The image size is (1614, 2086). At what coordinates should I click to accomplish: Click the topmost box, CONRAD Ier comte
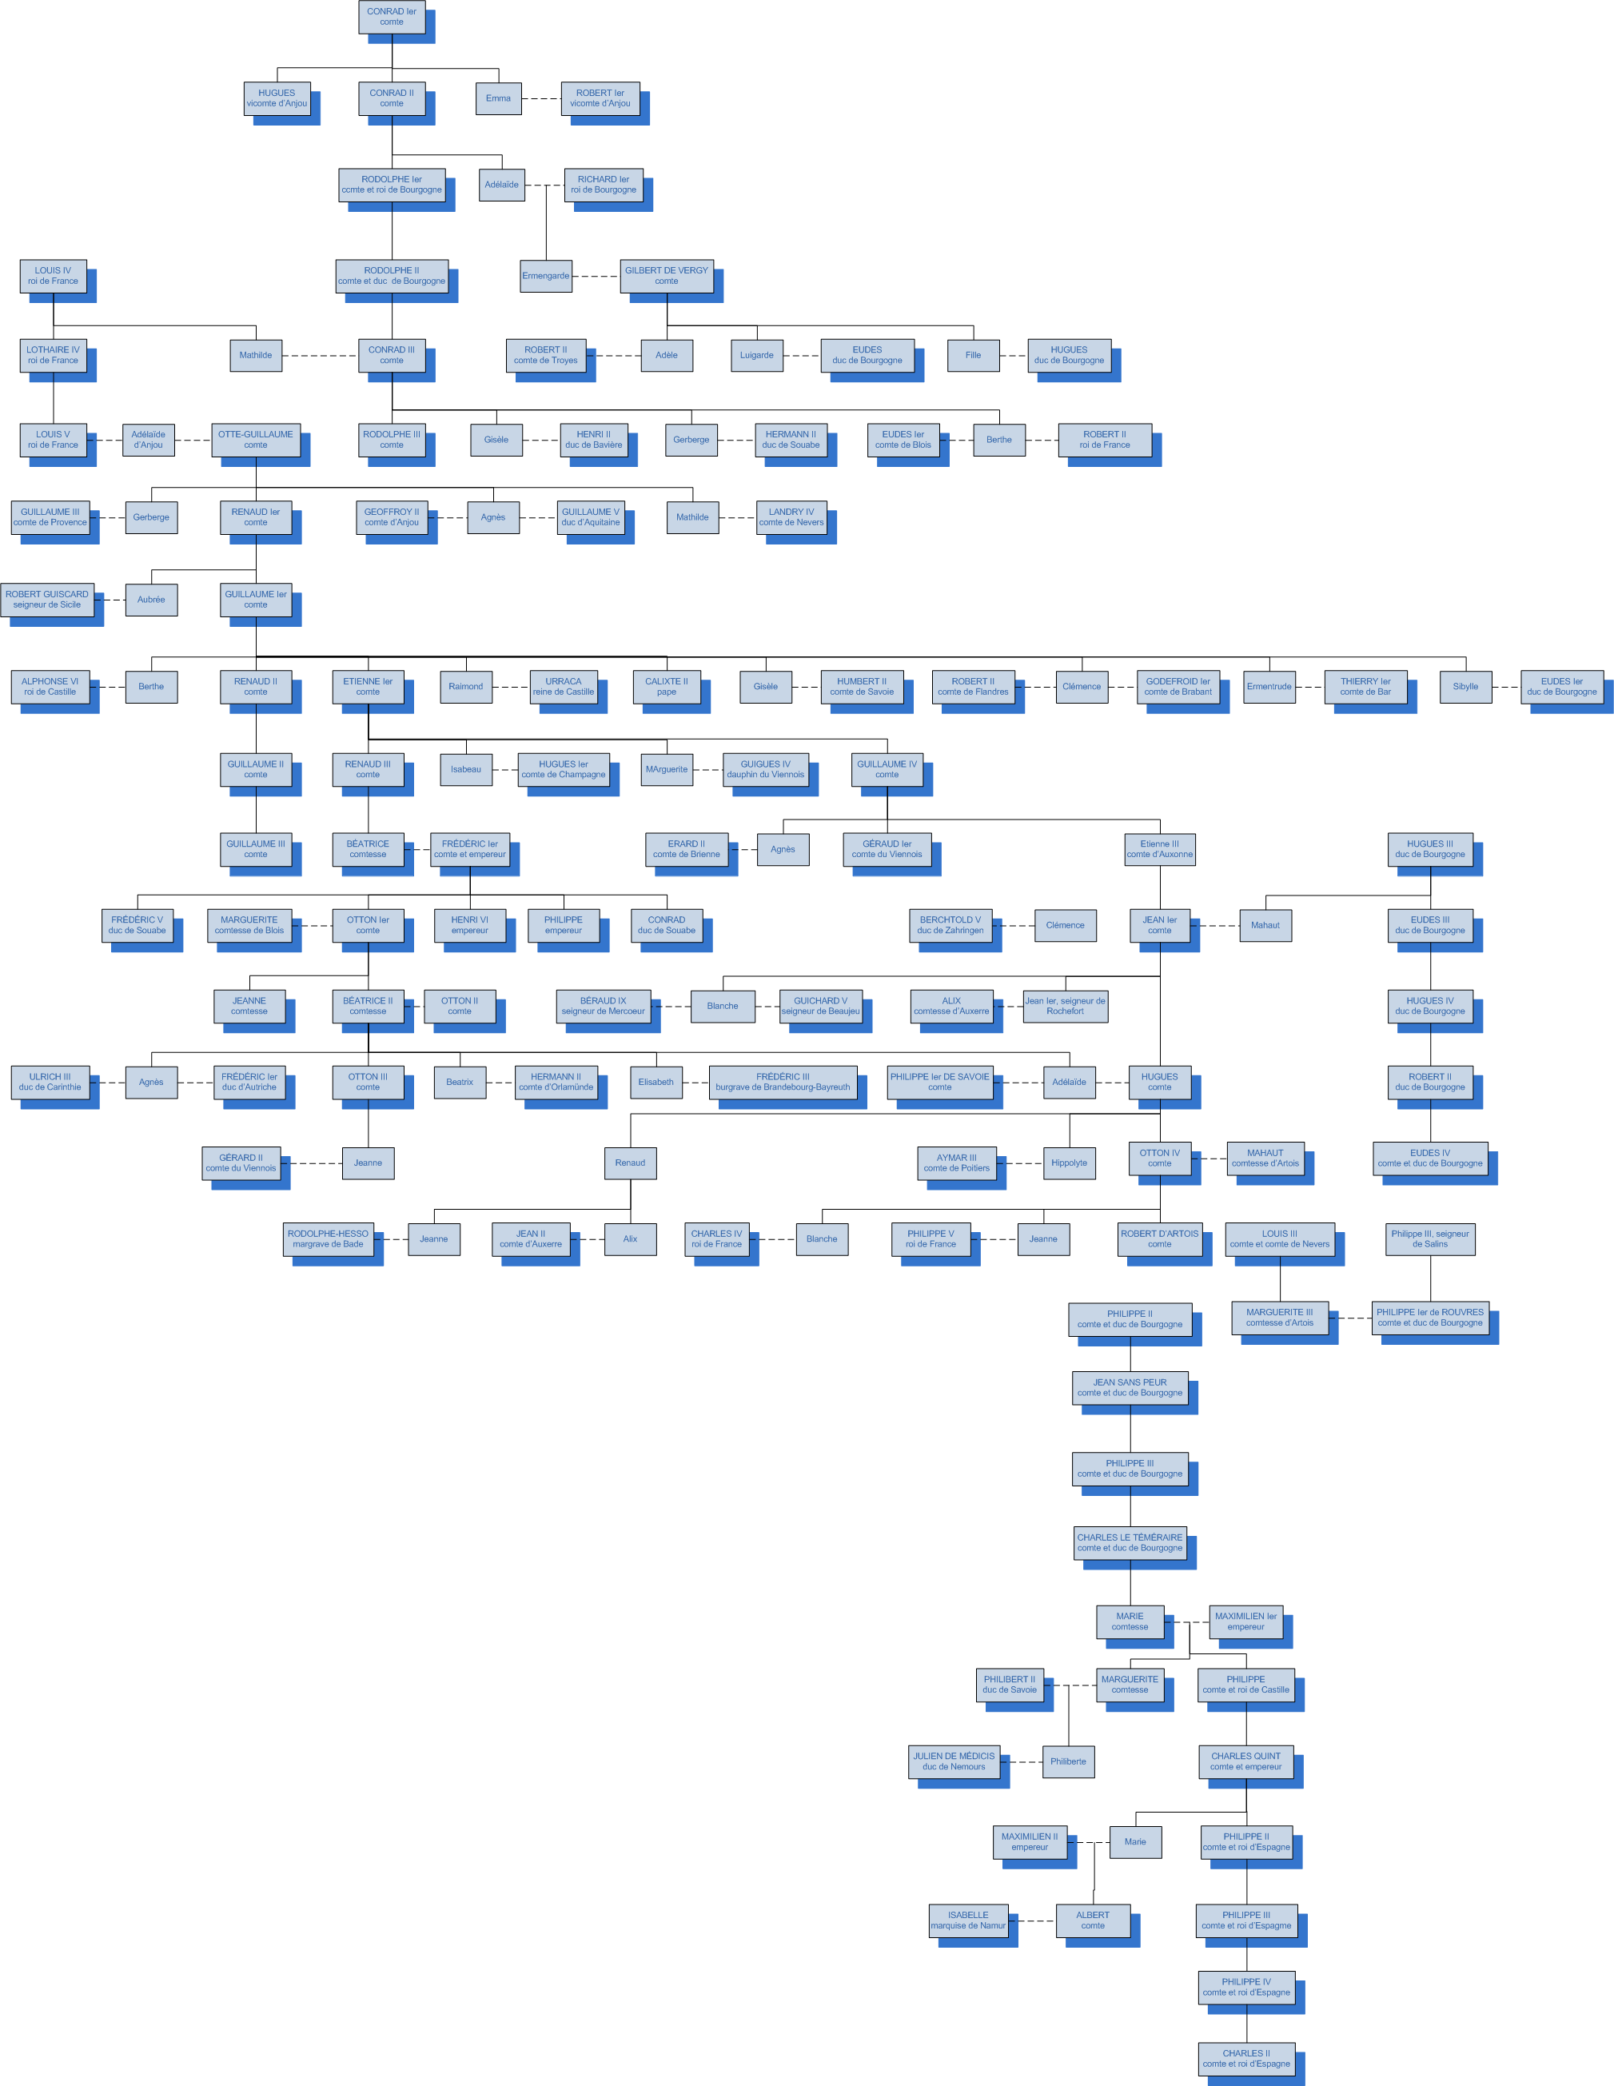(x=392, y=18)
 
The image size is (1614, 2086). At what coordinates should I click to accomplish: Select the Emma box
(x=499, y=98)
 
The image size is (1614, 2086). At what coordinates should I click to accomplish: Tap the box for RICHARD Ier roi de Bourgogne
(x=604, y=185)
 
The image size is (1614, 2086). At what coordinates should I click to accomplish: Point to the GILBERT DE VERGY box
(x=667, y=276)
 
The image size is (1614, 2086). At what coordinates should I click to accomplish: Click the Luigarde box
(x=756, y=355)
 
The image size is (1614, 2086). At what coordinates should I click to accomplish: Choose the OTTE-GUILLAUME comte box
(x=256, y=440)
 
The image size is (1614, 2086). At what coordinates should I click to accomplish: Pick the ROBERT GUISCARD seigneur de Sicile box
(x=47, y=600)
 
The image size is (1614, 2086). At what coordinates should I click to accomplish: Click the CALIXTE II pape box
(x=667, y=687)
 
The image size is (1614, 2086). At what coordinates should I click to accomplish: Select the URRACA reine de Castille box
(x=564, y=687)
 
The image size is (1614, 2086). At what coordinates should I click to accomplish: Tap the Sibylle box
(x=1465, y=687)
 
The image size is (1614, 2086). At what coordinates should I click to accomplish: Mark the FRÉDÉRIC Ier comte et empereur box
(x=470, y=849)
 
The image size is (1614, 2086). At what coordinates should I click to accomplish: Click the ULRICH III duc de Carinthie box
(x=50, y=1082)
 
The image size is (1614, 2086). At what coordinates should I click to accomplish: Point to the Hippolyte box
(x=1069, y=1163)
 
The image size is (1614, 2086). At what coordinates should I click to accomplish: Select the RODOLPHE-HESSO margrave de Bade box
(x=328, y=1238)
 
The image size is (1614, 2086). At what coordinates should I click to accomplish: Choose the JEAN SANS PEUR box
(x=1130, y=1388)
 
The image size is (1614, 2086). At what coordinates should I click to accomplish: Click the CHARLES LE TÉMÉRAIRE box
(x=1130, y=1542)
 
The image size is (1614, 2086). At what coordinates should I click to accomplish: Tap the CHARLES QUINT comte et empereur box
(x=1246, y=1761)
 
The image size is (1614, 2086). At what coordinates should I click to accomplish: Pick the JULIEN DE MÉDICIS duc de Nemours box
(x=954, y=1761)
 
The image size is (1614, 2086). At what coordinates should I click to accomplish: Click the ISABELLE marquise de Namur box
(x=968, y=1920)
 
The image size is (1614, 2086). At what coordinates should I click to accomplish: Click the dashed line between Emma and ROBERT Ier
(x=541, y=98)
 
